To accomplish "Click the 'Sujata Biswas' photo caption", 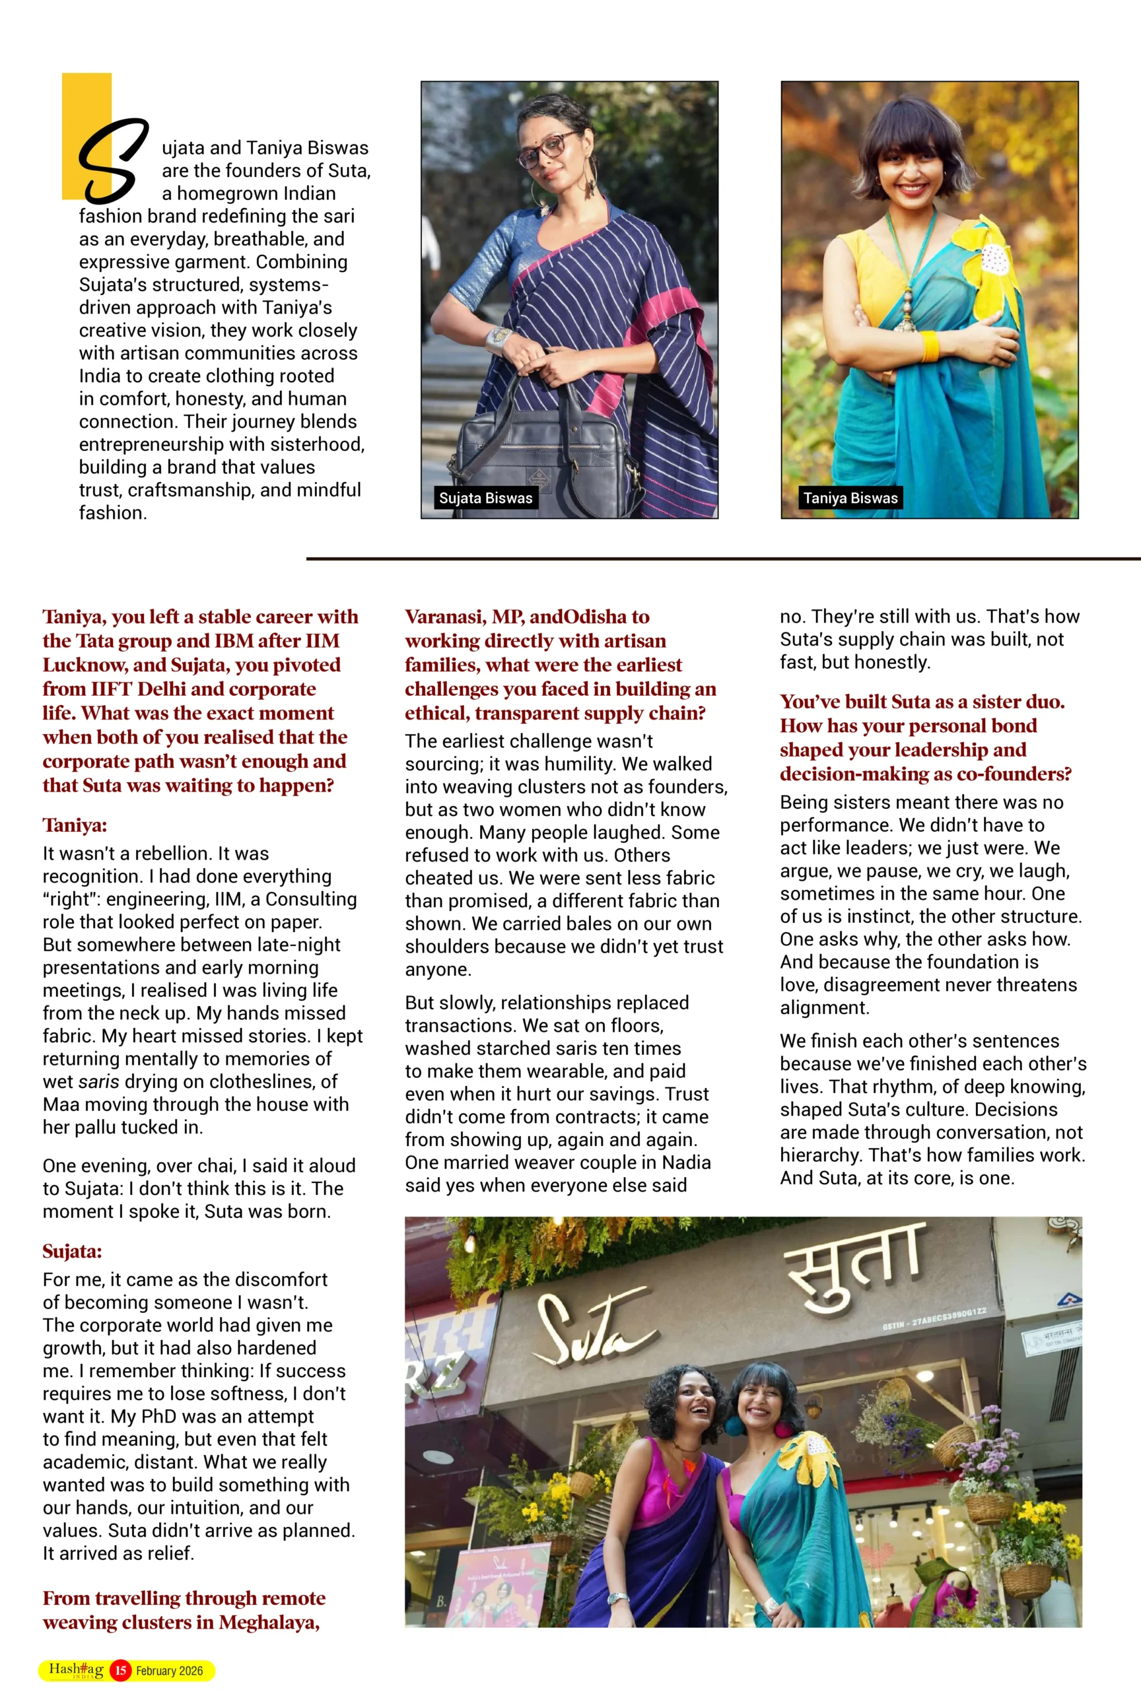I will coord(485,498).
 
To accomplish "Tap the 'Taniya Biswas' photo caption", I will coord(850,498).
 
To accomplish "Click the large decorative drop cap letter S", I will coord(113,160).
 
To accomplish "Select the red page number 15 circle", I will coord(121,1670).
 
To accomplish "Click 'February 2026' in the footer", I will coord(170,1671).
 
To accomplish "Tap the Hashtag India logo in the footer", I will coord(76,1670).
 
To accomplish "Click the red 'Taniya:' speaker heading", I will coord(75,825).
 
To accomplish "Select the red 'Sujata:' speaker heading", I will coord(72,1251).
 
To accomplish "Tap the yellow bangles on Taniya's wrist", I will coord(930,346).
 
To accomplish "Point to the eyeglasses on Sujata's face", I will coord(552,143).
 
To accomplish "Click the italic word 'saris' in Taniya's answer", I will coord(98,1081).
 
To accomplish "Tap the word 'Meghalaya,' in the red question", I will coord(269,1623).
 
